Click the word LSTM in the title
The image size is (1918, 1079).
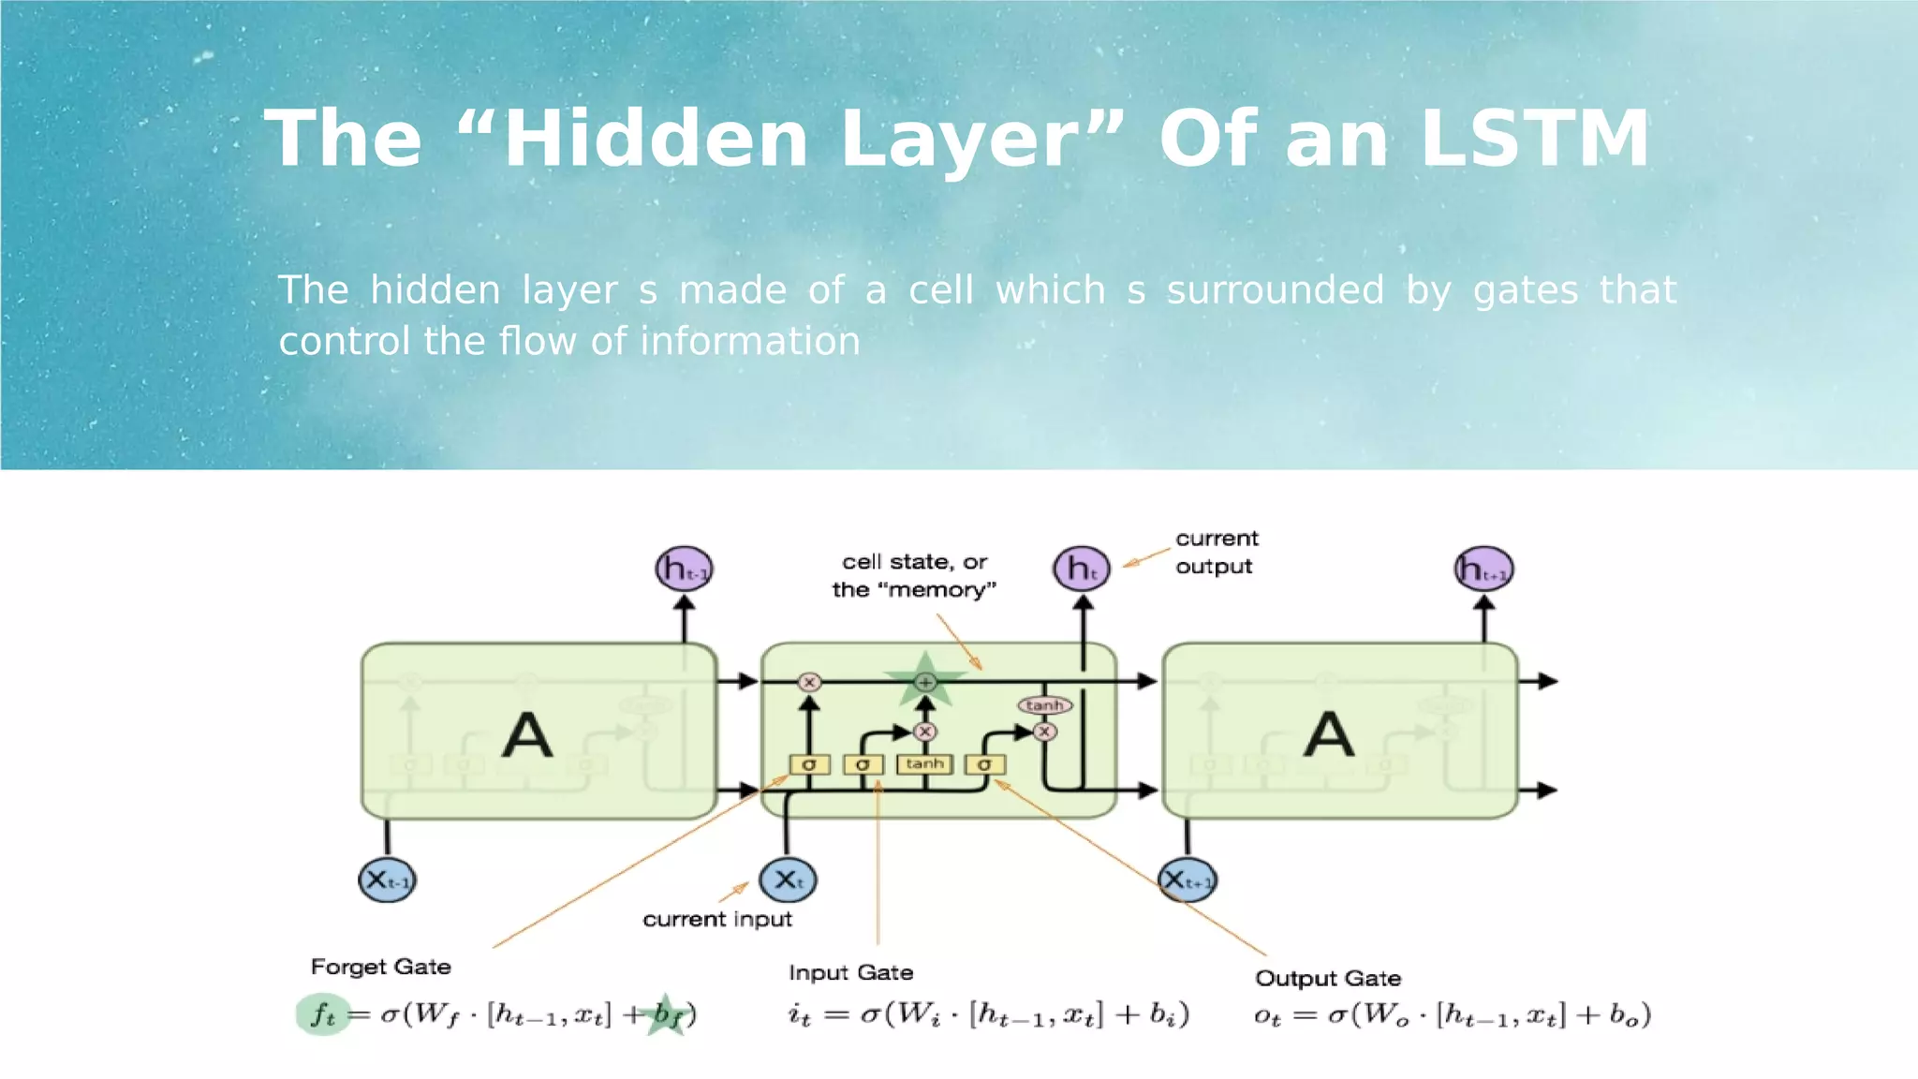[1534, 139]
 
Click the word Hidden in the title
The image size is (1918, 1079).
[656, 139]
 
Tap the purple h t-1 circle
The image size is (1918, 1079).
[684, 569]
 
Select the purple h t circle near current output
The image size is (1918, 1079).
[1082, 569]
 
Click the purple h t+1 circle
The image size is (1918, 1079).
[1483, 569]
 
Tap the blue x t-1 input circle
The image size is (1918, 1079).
[387, 879]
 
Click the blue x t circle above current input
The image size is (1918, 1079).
[788, 879]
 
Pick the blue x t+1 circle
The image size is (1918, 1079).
[1188, 880]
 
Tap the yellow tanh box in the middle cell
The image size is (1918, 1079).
[924, 764]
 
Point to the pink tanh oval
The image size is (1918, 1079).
[1044, 705]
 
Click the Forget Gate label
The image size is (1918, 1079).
[380, 967]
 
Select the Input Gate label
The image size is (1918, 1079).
[850, 973]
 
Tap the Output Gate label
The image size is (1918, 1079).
[1328, 979]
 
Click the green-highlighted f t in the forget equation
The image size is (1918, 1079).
[323, 1013]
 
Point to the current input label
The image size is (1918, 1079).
[716, 920]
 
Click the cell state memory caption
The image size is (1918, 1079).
[914, 575]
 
